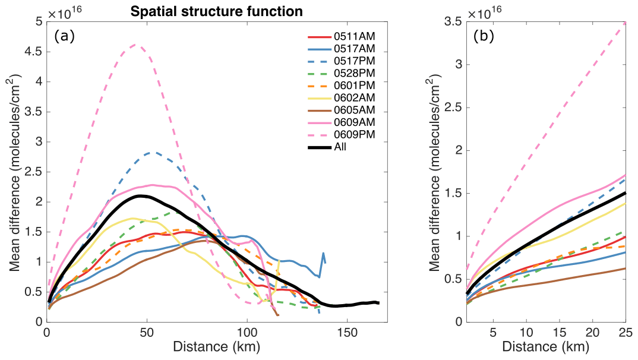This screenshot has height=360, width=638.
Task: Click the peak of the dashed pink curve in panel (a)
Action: pyautogui.click(x=135, y=45)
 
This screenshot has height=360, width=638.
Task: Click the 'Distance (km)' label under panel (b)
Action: pyautogui.click(x=547, y=345)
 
